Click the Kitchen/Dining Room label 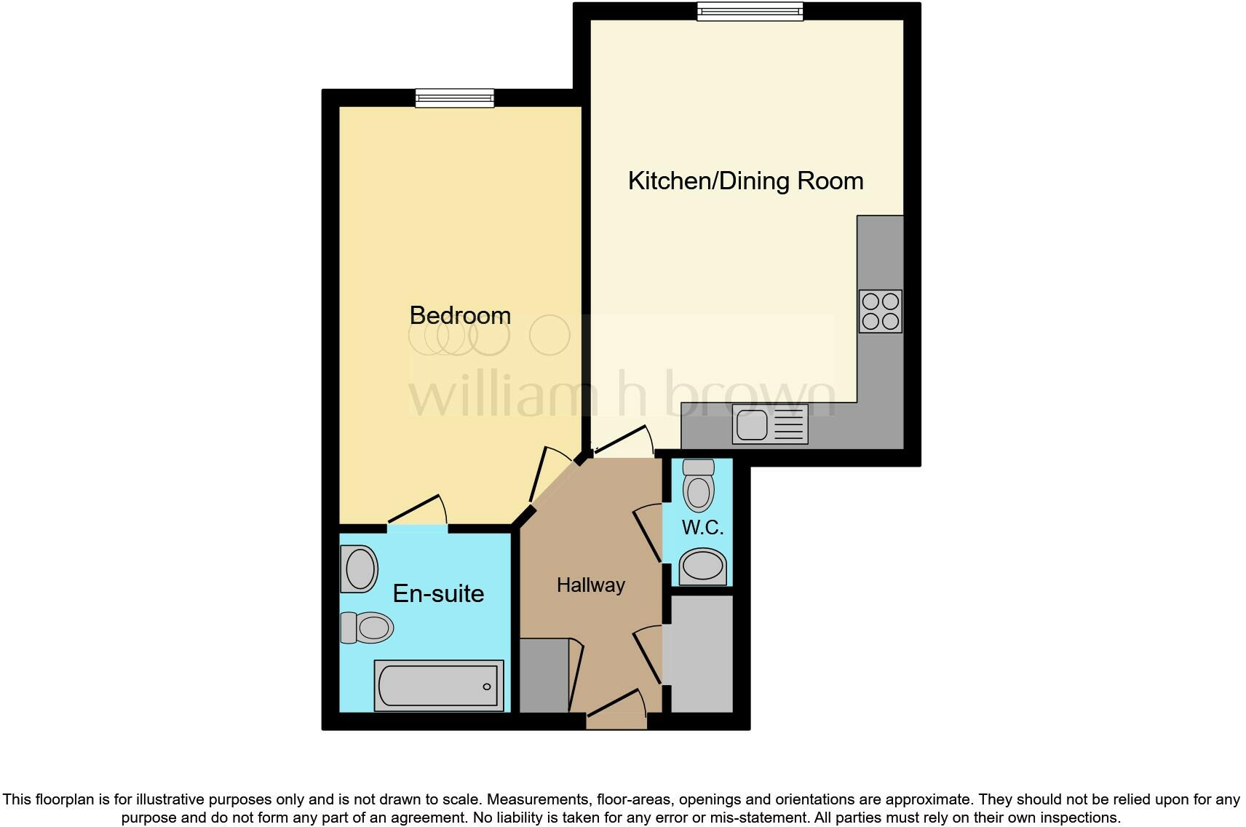(x=745, y=181)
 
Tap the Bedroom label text (x=460, y=315)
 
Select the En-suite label (x=438, y=593)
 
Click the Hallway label (x=590, y=585)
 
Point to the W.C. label (x=702, y=528)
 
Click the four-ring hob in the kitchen (x=880, y=311)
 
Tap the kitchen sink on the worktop (x=770, y=425)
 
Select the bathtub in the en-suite (x=439, y=685)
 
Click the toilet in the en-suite (x=368, y=628)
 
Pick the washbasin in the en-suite (x=359, y=569)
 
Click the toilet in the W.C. (x=699, y=485)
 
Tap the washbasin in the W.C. (x=703, y=568)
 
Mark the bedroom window (x=455, y=98)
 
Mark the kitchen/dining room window (x=750, y=11)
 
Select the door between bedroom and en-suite (x=416, y=511)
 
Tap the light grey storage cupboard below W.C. (x=702, y=654)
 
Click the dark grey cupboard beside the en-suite (x=543, y=675)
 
